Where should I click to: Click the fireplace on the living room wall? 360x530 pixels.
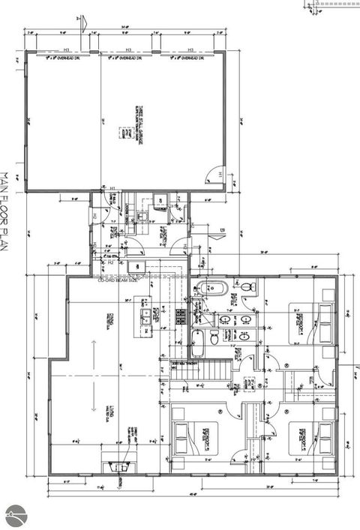coord(116,466)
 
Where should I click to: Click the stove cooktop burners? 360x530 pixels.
coord(180,316)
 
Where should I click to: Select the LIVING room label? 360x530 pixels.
coord(111,412)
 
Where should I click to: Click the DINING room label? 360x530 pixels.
coord(109,321)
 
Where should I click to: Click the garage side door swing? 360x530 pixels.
coord(216,173)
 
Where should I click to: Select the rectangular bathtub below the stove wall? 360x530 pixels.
coord(199,343)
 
